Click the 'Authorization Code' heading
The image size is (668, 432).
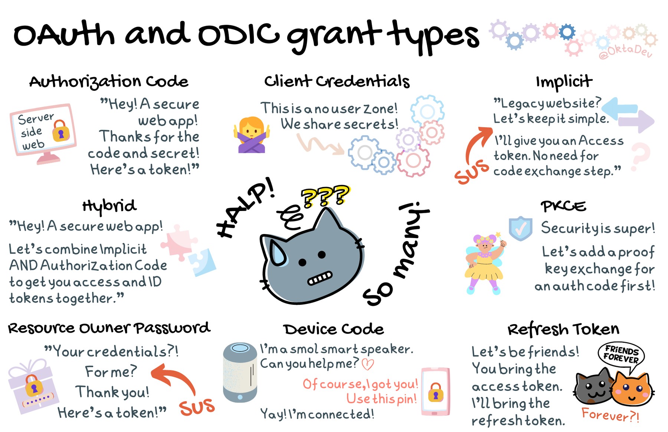(x=109, y=82)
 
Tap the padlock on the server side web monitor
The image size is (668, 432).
(x=61, y=131)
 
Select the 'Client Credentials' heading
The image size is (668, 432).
(x=337, y=81)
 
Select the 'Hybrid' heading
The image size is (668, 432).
(x=109, y=206)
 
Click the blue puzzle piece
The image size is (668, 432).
(x=202, y=262)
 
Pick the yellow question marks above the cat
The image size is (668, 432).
(x=325, y=195)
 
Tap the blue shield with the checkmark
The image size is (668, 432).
(x=520, y=228)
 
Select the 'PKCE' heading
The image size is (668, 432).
(x=563, y=206)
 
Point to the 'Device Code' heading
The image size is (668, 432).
(x=333, y=329)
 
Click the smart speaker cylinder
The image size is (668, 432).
(x=240, y=372)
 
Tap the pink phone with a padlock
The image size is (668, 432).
(x=435, y=392)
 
